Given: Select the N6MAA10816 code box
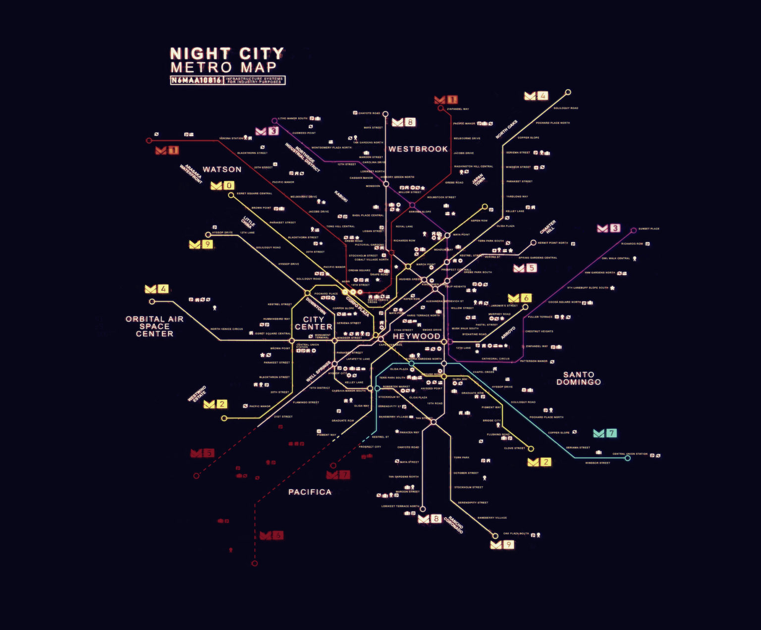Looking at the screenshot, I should [196, 80].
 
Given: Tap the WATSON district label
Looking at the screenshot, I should [222, 169].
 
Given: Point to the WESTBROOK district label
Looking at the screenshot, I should [418, 149].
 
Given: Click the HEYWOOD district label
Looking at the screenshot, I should [416, 336].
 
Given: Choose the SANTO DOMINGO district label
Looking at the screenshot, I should [578, 378].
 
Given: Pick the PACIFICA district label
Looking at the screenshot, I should [310, 492].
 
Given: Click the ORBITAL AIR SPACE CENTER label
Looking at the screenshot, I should [155, 326].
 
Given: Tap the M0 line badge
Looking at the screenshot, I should [222, 186].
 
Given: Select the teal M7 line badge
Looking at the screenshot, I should [605, 433].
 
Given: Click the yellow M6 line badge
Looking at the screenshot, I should [520, 298].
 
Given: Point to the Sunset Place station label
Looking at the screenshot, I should [649, 229].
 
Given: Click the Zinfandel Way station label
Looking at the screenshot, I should [458, 109].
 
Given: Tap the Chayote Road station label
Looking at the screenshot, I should [369, 113].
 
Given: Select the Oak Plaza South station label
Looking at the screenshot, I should [516, 534].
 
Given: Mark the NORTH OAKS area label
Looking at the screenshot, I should [506, 129].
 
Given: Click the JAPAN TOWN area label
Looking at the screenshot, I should [479, 179].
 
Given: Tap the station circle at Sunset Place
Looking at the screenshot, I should [634, 230].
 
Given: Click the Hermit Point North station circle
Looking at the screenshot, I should [533, 243].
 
